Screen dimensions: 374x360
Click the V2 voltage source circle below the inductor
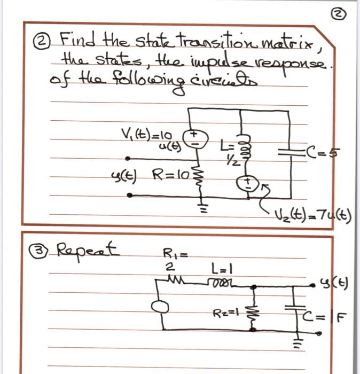[247, 183]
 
